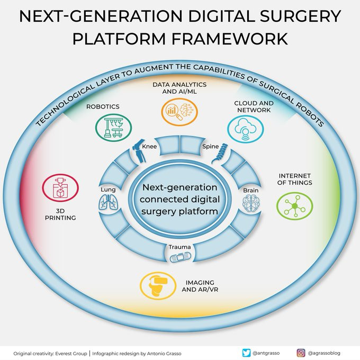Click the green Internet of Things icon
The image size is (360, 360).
(293, 205)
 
